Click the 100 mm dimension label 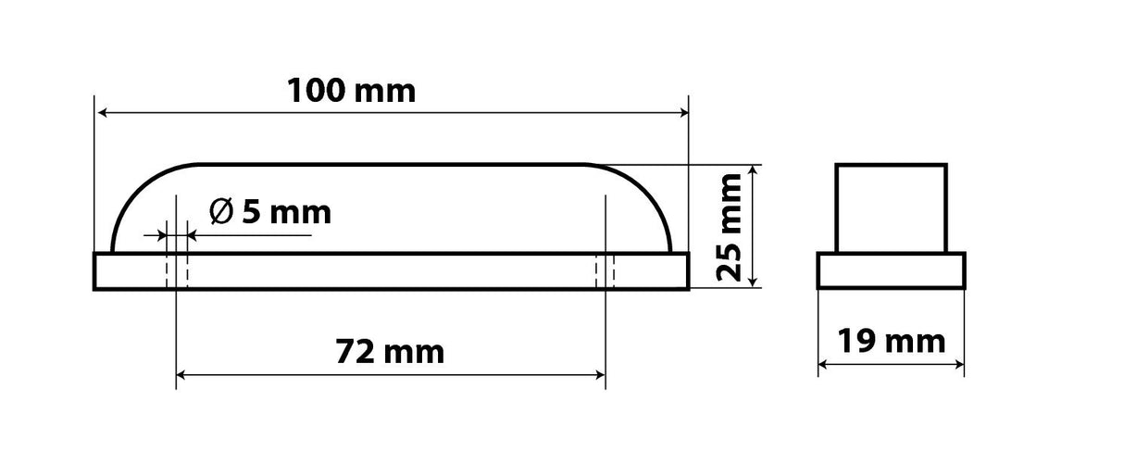tap(351, 91)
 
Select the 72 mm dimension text tap(389, 352)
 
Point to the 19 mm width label tap(891, 342)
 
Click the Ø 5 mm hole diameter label tap(270, 213)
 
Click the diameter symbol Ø tap(221, 213)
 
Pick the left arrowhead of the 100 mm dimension tap(101, 113)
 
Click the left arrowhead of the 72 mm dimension tap(181, 375)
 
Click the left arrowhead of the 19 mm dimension tap(823, 363)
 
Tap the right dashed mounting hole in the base tap(605, 270)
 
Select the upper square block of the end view tap(891, 208)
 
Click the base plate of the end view tap(891, 271)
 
